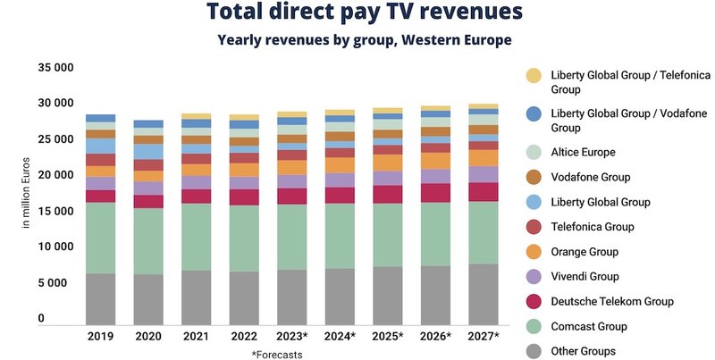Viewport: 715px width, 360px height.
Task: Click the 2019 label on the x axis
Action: (101, 337)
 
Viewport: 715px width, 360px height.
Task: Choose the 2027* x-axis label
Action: (484, 337)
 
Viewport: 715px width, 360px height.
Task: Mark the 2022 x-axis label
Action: (244, 337)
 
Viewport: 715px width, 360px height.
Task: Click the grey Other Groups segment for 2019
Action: (101, 298)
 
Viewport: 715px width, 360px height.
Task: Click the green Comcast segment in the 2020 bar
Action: (148, 241)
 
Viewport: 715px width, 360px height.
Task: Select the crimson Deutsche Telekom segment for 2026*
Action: (436, 193)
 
